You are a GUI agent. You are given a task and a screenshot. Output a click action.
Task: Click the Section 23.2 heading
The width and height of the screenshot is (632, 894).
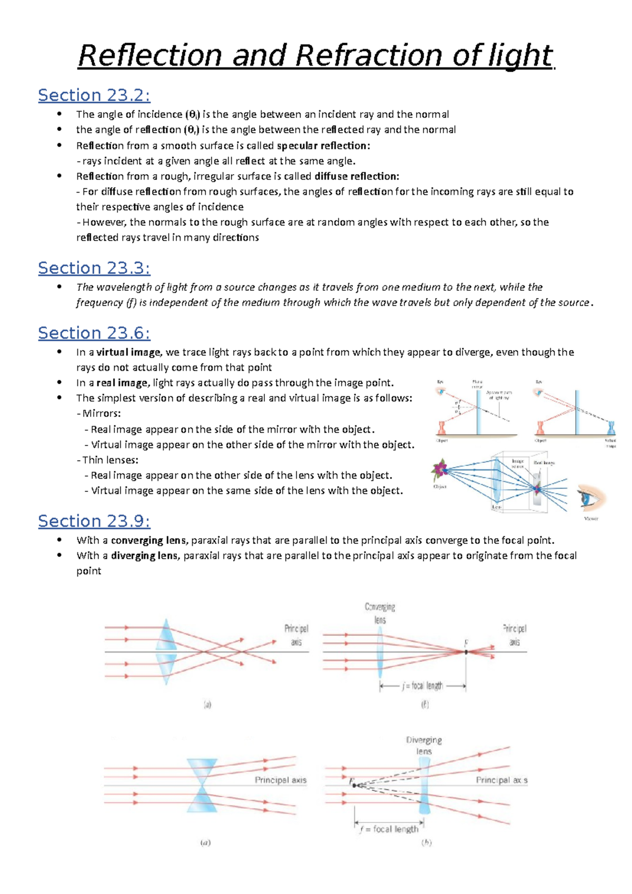click(x=94, y=95)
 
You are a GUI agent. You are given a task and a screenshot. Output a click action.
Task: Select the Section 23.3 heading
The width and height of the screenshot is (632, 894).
click(x=94, y=268)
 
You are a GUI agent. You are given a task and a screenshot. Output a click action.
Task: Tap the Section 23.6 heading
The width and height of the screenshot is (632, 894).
click(x=94, y=333)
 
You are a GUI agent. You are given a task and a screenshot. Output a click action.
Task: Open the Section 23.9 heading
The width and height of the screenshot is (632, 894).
click(x=94, y=521)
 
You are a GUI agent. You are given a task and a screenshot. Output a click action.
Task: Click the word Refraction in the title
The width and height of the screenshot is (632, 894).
click(x=368, y=56)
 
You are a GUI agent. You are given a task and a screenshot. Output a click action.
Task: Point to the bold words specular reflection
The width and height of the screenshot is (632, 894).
click(x=323, y=145)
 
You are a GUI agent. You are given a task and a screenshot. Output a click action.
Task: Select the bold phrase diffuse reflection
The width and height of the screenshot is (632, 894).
click(x=357, y=176)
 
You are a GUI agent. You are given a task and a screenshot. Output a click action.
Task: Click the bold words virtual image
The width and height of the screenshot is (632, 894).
click(x=128, y=352)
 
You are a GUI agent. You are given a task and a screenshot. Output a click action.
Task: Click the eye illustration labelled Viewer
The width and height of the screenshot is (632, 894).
click(x=590, y=498)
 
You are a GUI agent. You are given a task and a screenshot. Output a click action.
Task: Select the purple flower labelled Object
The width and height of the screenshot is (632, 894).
click(x=439, y=469)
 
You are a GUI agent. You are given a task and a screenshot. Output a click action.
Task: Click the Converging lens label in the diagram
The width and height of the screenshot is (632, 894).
click(x=380, y=613)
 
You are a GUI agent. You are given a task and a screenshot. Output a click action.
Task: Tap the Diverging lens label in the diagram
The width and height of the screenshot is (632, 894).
click(x=424, y=746)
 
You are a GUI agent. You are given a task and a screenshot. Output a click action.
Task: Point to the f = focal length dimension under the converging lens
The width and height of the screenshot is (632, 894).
click(x=422, y=686)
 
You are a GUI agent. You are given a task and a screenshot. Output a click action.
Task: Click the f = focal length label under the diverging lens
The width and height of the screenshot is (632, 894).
click(x=389, y=829)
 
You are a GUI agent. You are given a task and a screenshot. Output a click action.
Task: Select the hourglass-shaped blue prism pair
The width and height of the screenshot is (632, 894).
click(x=202, y=785)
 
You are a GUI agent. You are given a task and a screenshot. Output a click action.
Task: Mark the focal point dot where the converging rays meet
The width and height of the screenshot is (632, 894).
click(x=466, y=652)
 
